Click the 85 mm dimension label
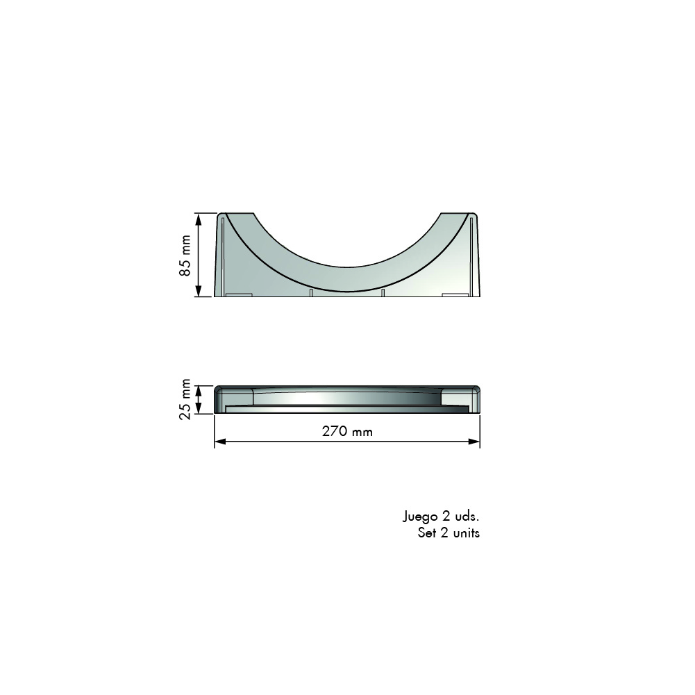(x=185, y=256)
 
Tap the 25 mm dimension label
(x=185, y=399)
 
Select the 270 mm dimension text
(x=347, y=431)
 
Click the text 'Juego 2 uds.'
(x=441, y=517)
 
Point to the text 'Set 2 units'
(x=449, y=533)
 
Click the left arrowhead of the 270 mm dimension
(x=220, y=442)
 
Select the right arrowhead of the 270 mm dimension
(x=474, y=442)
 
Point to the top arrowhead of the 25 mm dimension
(x=199, y=391)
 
